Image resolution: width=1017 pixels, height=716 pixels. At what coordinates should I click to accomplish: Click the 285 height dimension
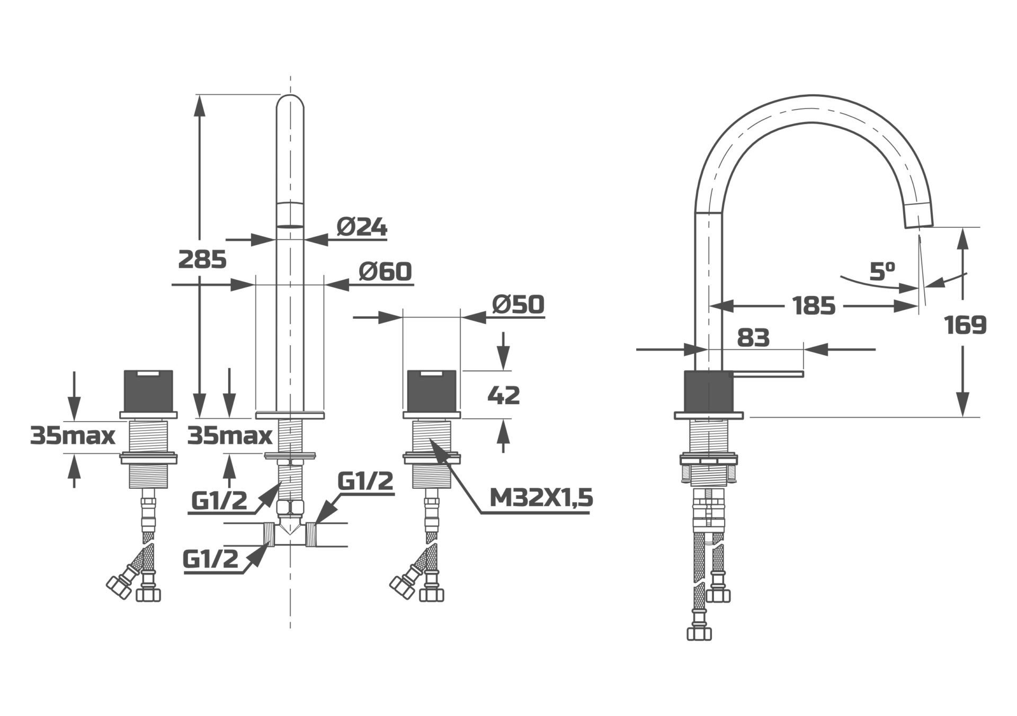point(202,259)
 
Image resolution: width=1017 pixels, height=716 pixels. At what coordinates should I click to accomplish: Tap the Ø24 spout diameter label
point(362,227)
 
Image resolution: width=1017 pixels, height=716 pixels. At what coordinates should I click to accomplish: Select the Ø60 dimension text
point(385,272)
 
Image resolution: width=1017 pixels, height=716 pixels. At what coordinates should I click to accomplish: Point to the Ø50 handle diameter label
point(518,305)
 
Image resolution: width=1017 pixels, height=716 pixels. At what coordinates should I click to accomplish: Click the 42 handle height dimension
point(503,395)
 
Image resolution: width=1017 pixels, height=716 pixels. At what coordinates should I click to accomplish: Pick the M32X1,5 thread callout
point(541,498)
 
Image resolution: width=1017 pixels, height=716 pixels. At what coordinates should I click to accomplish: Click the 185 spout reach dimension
point(814,306)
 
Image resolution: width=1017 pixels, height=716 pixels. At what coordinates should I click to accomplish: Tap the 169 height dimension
point(965,325)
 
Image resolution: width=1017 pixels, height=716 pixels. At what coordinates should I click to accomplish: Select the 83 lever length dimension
point(753,337)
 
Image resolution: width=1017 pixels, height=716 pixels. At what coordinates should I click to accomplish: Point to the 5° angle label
point(882,272)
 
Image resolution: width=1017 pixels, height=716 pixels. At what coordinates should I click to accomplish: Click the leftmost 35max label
point(73,436)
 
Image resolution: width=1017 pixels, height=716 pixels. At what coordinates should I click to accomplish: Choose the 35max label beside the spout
point(230,436)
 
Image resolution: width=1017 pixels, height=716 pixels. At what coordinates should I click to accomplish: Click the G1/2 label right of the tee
point(365,481)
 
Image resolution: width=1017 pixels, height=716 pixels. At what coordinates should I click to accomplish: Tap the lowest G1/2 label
point(210,559)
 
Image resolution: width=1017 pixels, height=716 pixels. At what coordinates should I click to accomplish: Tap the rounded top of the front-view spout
point(290,103)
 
